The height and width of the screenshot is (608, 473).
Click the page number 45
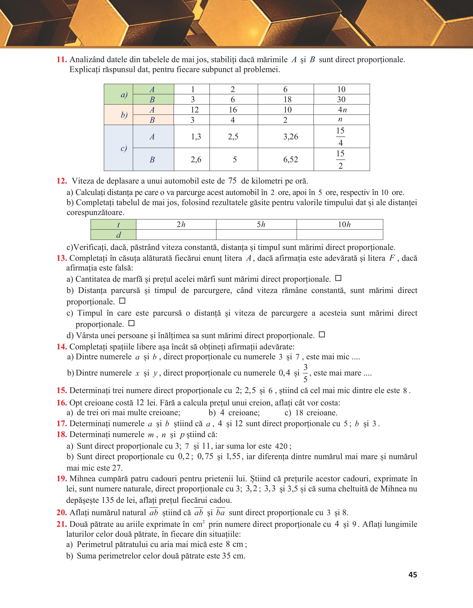point(413,575)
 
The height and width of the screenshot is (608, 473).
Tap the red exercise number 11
point(62,60)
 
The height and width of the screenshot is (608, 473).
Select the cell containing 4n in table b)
point(342,110)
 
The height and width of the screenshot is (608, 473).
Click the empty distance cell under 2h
point(176,235)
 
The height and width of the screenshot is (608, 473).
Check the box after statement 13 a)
point(338,278)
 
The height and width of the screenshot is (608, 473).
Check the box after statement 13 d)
point(322,335)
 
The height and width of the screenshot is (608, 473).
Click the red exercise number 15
point(62,390)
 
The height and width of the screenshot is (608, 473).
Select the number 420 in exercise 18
point(281,446)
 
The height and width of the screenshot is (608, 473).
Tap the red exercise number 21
point(62,524)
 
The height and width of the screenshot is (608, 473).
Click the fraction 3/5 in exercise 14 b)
point(305,373)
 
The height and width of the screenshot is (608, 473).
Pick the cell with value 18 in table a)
point(287,99)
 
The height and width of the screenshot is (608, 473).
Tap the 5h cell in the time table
point(261,224)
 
